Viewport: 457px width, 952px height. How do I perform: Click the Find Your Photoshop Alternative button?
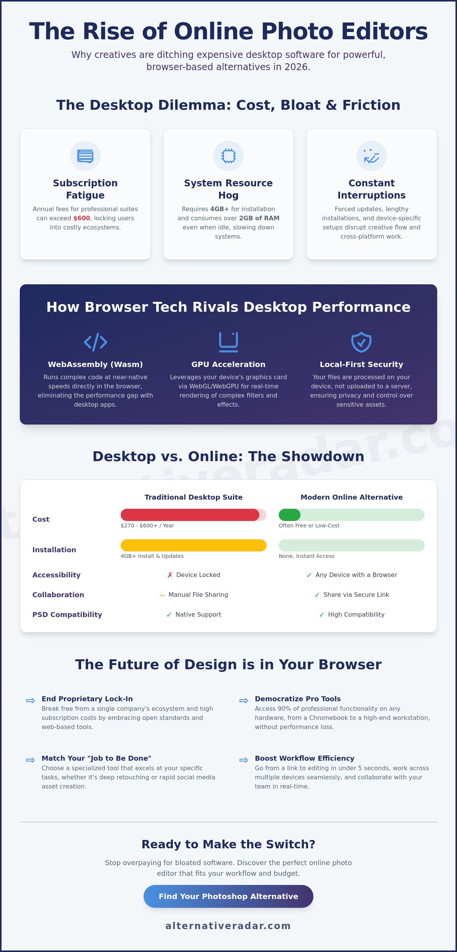click(x=228, y=896)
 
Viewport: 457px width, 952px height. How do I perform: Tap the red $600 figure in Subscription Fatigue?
click(x=81, y=218)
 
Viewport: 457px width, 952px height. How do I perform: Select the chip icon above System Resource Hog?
click(x=228, y=156)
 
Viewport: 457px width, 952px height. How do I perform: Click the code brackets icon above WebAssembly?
click(x=95, y=342)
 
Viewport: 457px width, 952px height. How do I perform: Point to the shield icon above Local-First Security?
click(x=361, y=342)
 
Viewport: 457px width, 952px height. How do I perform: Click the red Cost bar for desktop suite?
click(x=190, y=514)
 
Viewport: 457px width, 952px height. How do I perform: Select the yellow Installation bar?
click(x=193, y=545)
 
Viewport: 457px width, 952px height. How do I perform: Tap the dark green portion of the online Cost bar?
click(x=289, y=514)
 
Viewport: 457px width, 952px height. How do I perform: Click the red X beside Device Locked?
click(x=170, y=575)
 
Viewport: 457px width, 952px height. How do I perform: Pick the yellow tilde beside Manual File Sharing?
click(x=162, y=595)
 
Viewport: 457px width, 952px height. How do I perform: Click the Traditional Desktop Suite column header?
click(x=193, y=497)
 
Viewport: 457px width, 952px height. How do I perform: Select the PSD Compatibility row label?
click(x=67, y=614)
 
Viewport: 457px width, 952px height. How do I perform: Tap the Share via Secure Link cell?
click(x=352, y=595)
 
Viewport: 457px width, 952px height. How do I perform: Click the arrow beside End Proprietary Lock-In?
click(x=30, y=700)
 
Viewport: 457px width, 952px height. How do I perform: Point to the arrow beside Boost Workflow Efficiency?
click(x=244, y=760)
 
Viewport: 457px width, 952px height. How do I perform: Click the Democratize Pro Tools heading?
click(x=298, y=699)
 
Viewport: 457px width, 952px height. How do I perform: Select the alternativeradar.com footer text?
click(x=228, y=926)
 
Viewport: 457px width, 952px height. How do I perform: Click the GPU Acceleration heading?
click(x=228, y=364)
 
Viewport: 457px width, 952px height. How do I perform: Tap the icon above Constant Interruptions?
click(x=372, y=156)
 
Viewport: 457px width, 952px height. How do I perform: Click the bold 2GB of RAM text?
click(x=259, y=218)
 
